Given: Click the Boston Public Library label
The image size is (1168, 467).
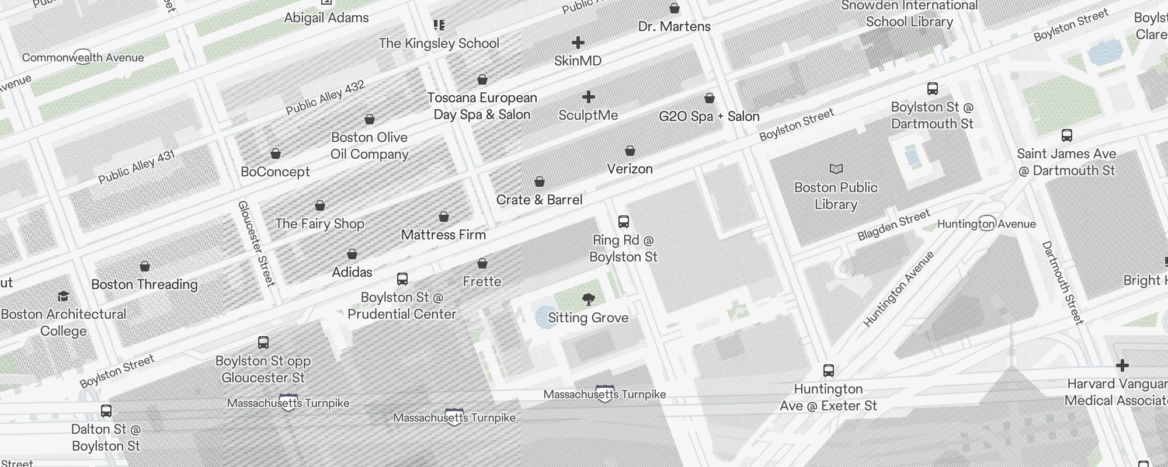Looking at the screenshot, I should coord(836,196).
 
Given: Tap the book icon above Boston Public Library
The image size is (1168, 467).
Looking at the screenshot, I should coord(836,169).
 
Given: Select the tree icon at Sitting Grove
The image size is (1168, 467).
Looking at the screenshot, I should coord(589,300).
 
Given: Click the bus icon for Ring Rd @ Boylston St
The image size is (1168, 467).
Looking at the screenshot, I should coord(623,222).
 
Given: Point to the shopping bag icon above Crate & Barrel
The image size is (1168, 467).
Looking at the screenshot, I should coord(540,182).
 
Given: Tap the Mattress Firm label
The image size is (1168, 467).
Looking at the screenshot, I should coord(443,235).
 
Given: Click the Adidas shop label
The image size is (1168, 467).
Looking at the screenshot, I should coord(352,272).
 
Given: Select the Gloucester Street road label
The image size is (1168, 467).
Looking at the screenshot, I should coord(256,243).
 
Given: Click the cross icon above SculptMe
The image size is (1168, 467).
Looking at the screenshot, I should coord(589,97).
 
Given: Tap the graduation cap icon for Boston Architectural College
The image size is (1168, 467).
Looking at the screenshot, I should coord(63,297).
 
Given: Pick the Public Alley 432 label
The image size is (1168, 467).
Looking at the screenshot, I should coord(325,98).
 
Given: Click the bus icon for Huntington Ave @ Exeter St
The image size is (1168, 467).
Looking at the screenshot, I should coord(828,371).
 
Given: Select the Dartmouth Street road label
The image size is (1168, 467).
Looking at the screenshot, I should coord(1062,283).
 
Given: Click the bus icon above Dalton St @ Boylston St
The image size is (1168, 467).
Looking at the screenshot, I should coord(106,411).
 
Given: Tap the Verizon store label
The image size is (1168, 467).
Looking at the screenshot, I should coord(630,169).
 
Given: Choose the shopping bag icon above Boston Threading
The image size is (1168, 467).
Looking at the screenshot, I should coord(145,267).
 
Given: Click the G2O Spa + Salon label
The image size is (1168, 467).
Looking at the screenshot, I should coord(709,116).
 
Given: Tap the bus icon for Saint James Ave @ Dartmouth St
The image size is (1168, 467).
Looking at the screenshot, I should coord(1066,135).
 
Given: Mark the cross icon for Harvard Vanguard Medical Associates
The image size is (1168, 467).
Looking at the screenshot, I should coord(1122,366).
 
